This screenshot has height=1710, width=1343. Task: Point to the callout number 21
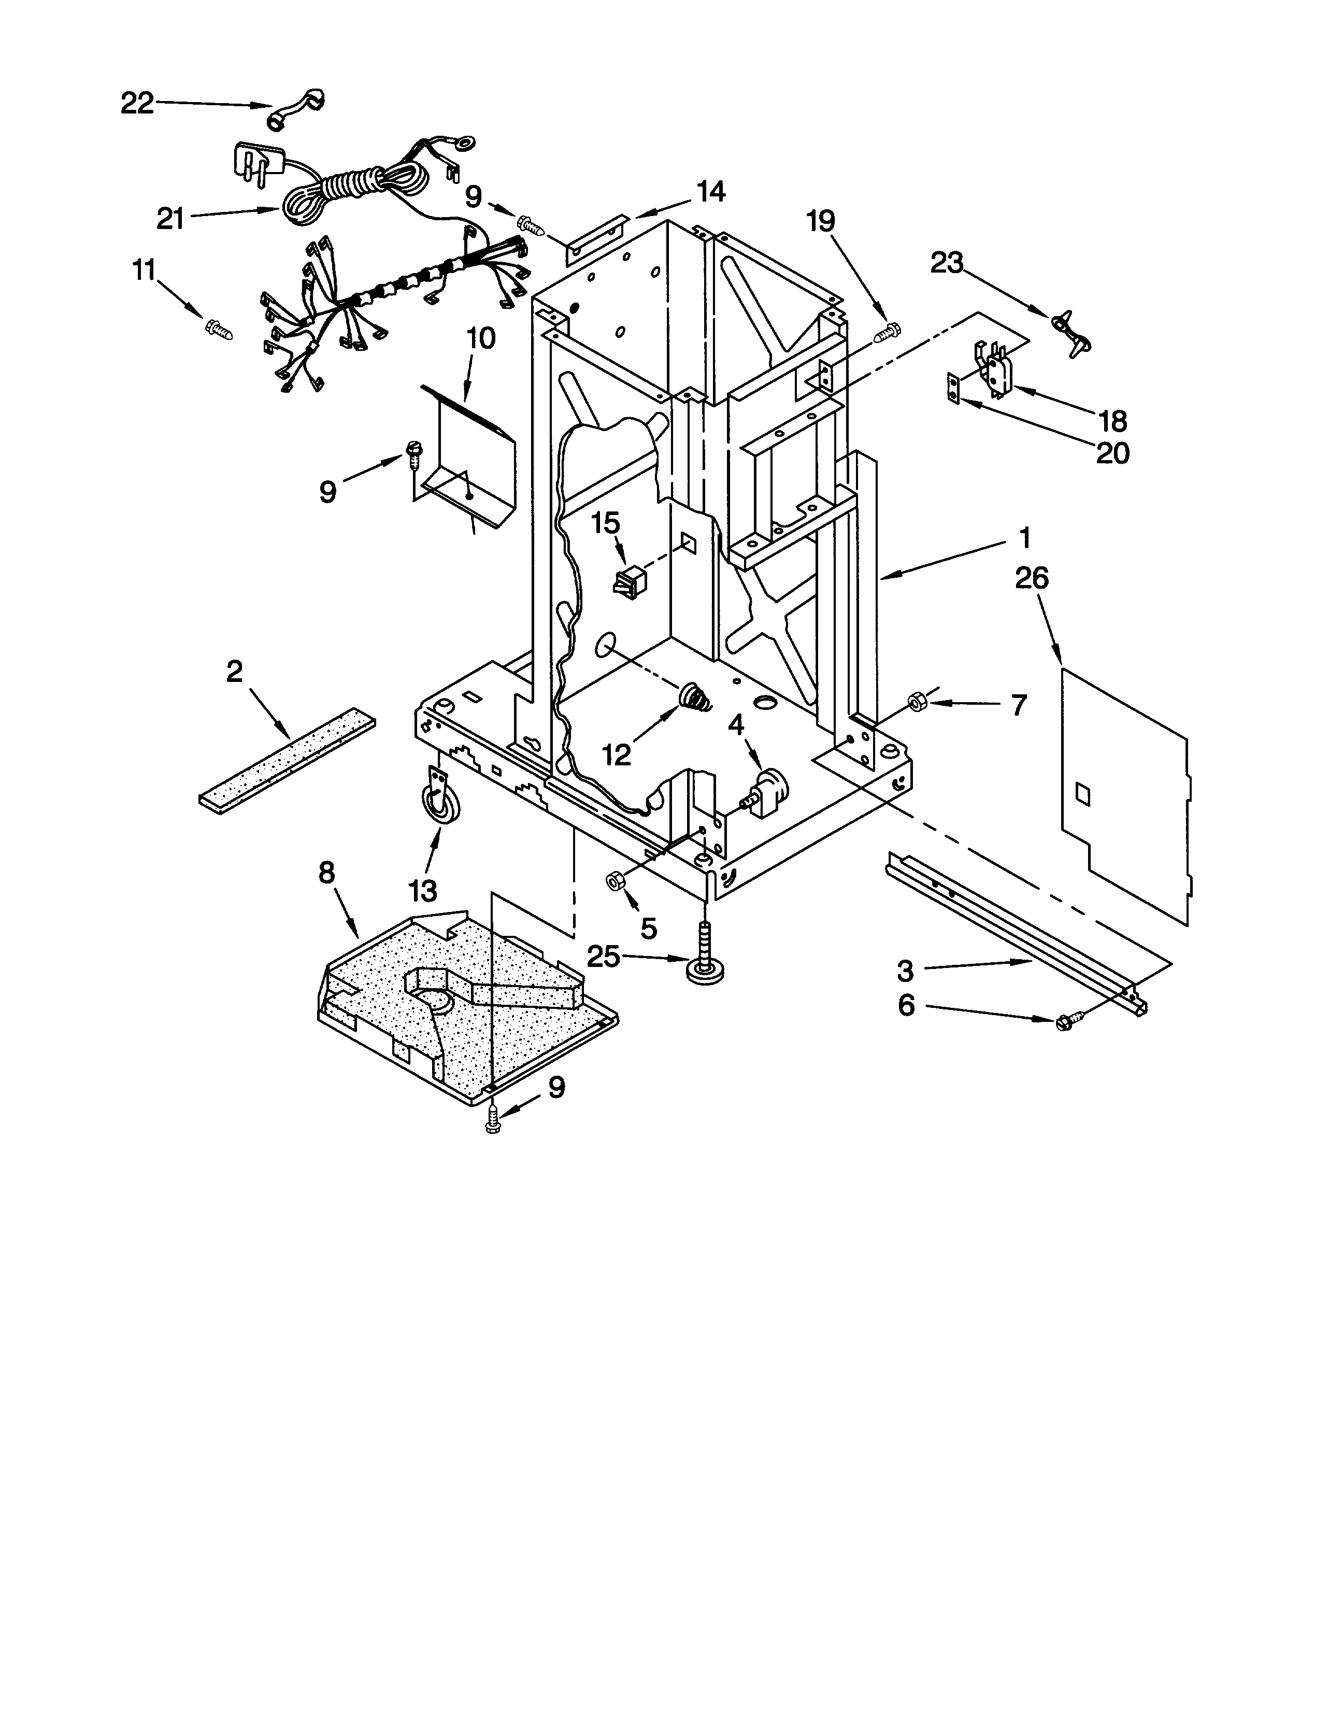point(170,219)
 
